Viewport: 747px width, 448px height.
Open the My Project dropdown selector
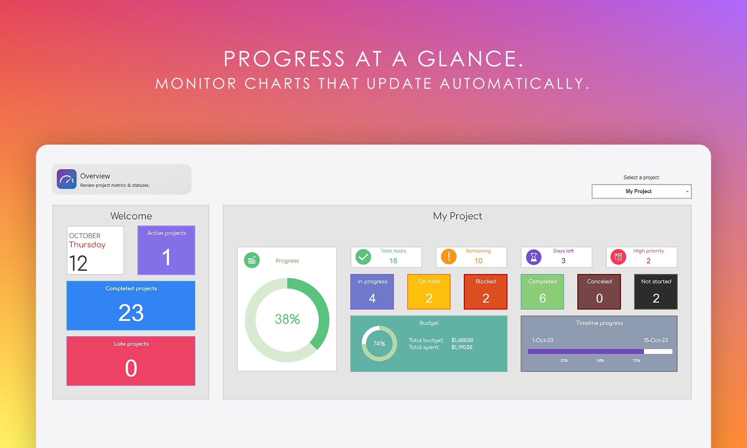pos(641,191)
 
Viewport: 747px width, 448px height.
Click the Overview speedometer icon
pos(67,179)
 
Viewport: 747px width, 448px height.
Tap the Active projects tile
pos(166,250)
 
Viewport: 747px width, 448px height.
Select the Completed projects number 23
pos(131,313)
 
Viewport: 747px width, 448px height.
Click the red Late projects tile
pos(131,361)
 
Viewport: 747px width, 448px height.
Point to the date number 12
pos(78,263)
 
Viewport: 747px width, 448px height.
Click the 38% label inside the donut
pos(287,319)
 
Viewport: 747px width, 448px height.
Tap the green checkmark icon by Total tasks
pos(363,257)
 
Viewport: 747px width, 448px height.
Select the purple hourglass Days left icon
pos(534,257)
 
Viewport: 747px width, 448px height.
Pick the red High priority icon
pos(618,257)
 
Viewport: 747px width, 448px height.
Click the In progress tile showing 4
pos(372,291)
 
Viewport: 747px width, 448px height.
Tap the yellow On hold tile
pos(429,291)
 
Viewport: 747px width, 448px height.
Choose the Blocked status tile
pos(486,291)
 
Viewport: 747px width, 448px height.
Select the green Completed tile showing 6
pos(542,291)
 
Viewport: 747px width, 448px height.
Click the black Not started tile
pos(656,291)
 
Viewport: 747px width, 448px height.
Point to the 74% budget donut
pos(379,344)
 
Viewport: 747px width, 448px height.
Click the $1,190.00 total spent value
pos(462,347)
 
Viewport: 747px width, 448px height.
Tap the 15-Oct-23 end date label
pos(655,340)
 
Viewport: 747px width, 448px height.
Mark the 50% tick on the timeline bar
pos(600,360)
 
